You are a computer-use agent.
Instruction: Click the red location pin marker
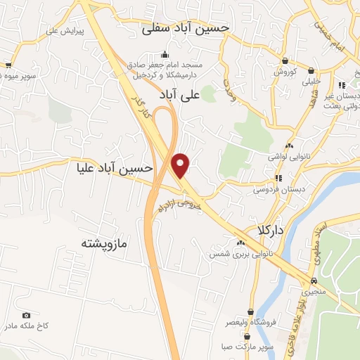click(x=181, y=166)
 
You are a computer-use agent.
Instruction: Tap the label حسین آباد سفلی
click(x=186, y=28)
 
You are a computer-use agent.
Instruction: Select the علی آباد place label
click(x=200, y=92)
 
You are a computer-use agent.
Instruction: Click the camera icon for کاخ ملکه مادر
click(x=27, y=316)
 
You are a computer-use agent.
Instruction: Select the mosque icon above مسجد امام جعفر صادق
click(x=165, y=55)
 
